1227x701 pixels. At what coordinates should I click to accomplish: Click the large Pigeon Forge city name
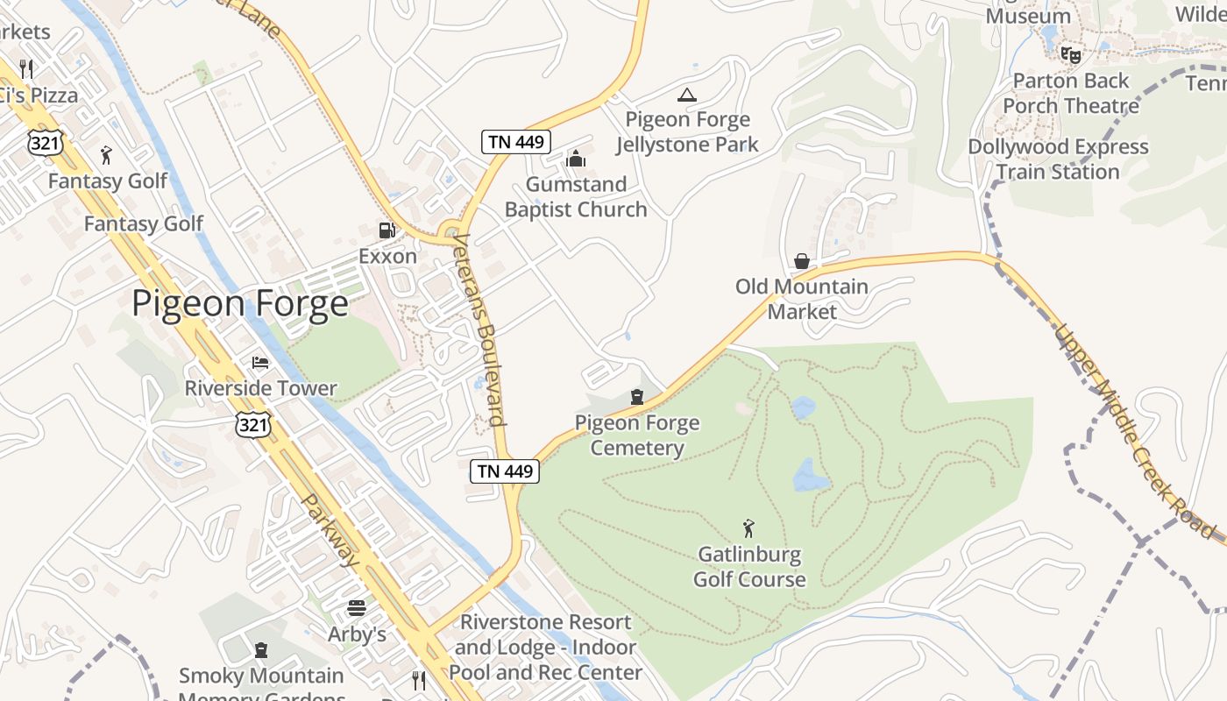[240, 304]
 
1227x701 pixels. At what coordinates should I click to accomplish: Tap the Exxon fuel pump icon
[387, 230]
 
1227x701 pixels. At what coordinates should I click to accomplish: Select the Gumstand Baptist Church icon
[576, 159]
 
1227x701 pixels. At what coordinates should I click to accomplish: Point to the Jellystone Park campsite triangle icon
[687, 95]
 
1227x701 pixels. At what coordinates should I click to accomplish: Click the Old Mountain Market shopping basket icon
[801, 261]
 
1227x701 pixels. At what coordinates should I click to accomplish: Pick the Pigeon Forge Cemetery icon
[636, 397]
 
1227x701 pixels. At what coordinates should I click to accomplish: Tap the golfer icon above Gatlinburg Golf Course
[748, 528]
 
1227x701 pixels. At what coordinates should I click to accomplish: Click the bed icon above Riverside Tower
[260, 362]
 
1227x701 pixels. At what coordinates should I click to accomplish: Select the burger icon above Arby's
[357, 607]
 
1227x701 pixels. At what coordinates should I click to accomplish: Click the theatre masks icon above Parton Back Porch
[1070, 54]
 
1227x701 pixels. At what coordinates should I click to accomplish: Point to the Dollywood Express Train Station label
[1058, 159]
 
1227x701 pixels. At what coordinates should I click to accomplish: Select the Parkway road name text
[331, 529]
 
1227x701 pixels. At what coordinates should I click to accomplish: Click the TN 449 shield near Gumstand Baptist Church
[516, 141]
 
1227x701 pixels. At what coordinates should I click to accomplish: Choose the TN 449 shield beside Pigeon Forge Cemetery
[505, 471]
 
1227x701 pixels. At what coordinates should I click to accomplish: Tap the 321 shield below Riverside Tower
[252, 425]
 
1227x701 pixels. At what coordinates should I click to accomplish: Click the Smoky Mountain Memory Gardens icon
[260, 650]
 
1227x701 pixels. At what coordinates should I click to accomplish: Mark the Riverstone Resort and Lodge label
[545, 647]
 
